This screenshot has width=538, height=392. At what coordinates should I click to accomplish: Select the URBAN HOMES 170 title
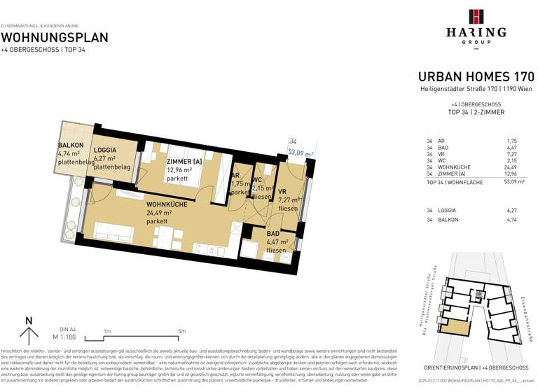click(476, 76)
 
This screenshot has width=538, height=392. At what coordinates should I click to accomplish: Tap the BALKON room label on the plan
click(71, 146)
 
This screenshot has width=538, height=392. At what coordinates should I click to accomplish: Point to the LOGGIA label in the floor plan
click(106, 150)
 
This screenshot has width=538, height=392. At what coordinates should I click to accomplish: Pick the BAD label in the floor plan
click(273, 234)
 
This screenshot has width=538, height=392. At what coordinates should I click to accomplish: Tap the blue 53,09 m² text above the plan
click(300, 152)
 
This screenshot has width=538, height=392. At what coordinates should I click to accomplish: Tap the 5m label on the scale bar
click(182, 331)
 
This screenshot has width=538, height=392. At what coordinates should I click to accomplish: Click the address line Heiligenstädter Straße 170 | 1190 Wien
click(476, 90)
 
